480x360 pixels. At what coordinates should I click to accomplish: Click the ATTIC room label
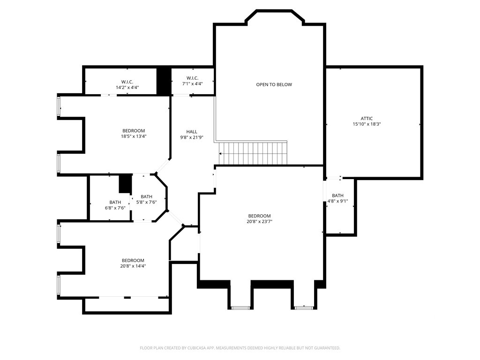(x=367, y=119)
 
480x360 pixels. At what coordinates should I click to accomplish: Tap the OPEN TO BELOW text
(x=274, y=84)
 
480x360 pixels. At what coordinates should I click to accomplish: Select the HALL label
(x=192, y=132)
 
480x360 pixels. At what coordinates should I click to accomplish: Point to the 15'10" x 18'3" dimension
(x=367, y=124)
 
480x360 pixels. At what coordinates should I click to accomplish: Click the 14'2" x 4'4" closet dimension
(x=127, y=87)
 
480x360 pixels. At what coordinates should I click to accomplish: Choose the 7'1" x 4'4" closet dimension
(x=193, y=83)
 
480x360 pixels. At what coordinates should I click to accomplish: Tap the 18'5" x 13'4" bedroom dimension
(x=134, y=136)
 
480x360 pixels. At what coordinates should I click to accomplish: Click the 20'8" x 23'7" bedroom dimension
(x=259, y=221)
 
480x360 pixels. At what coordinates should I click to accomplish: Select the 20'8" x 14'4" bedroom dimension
(x=133, y=266)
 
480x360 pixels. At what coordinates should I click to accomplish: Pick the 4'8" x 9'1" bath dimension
(x=337, y=201)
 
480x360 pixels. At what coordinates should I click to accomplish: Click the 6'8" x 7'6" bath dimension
(x=115, y=208)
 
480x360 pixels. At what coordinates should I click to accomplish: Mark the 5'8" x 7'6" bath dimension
(x=146, y=202)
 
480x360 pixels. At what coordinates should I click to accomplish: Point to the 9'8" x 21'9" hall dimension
(x=192, y=137)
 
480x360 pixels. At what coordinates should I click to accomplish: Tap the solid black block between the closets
(x=164, y=81)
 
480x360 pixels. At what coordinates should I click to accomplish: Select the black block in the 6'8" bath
(x=125, y=184)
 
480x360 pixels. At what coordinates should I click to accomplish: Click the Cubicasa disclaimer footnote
(x=240, y=348)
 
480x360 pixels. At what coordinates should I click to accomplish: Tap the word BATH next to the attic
(x=337, y=195)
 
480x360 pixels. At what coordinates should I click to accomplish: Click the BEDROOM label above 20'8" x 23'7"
(x=259, y=216)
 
